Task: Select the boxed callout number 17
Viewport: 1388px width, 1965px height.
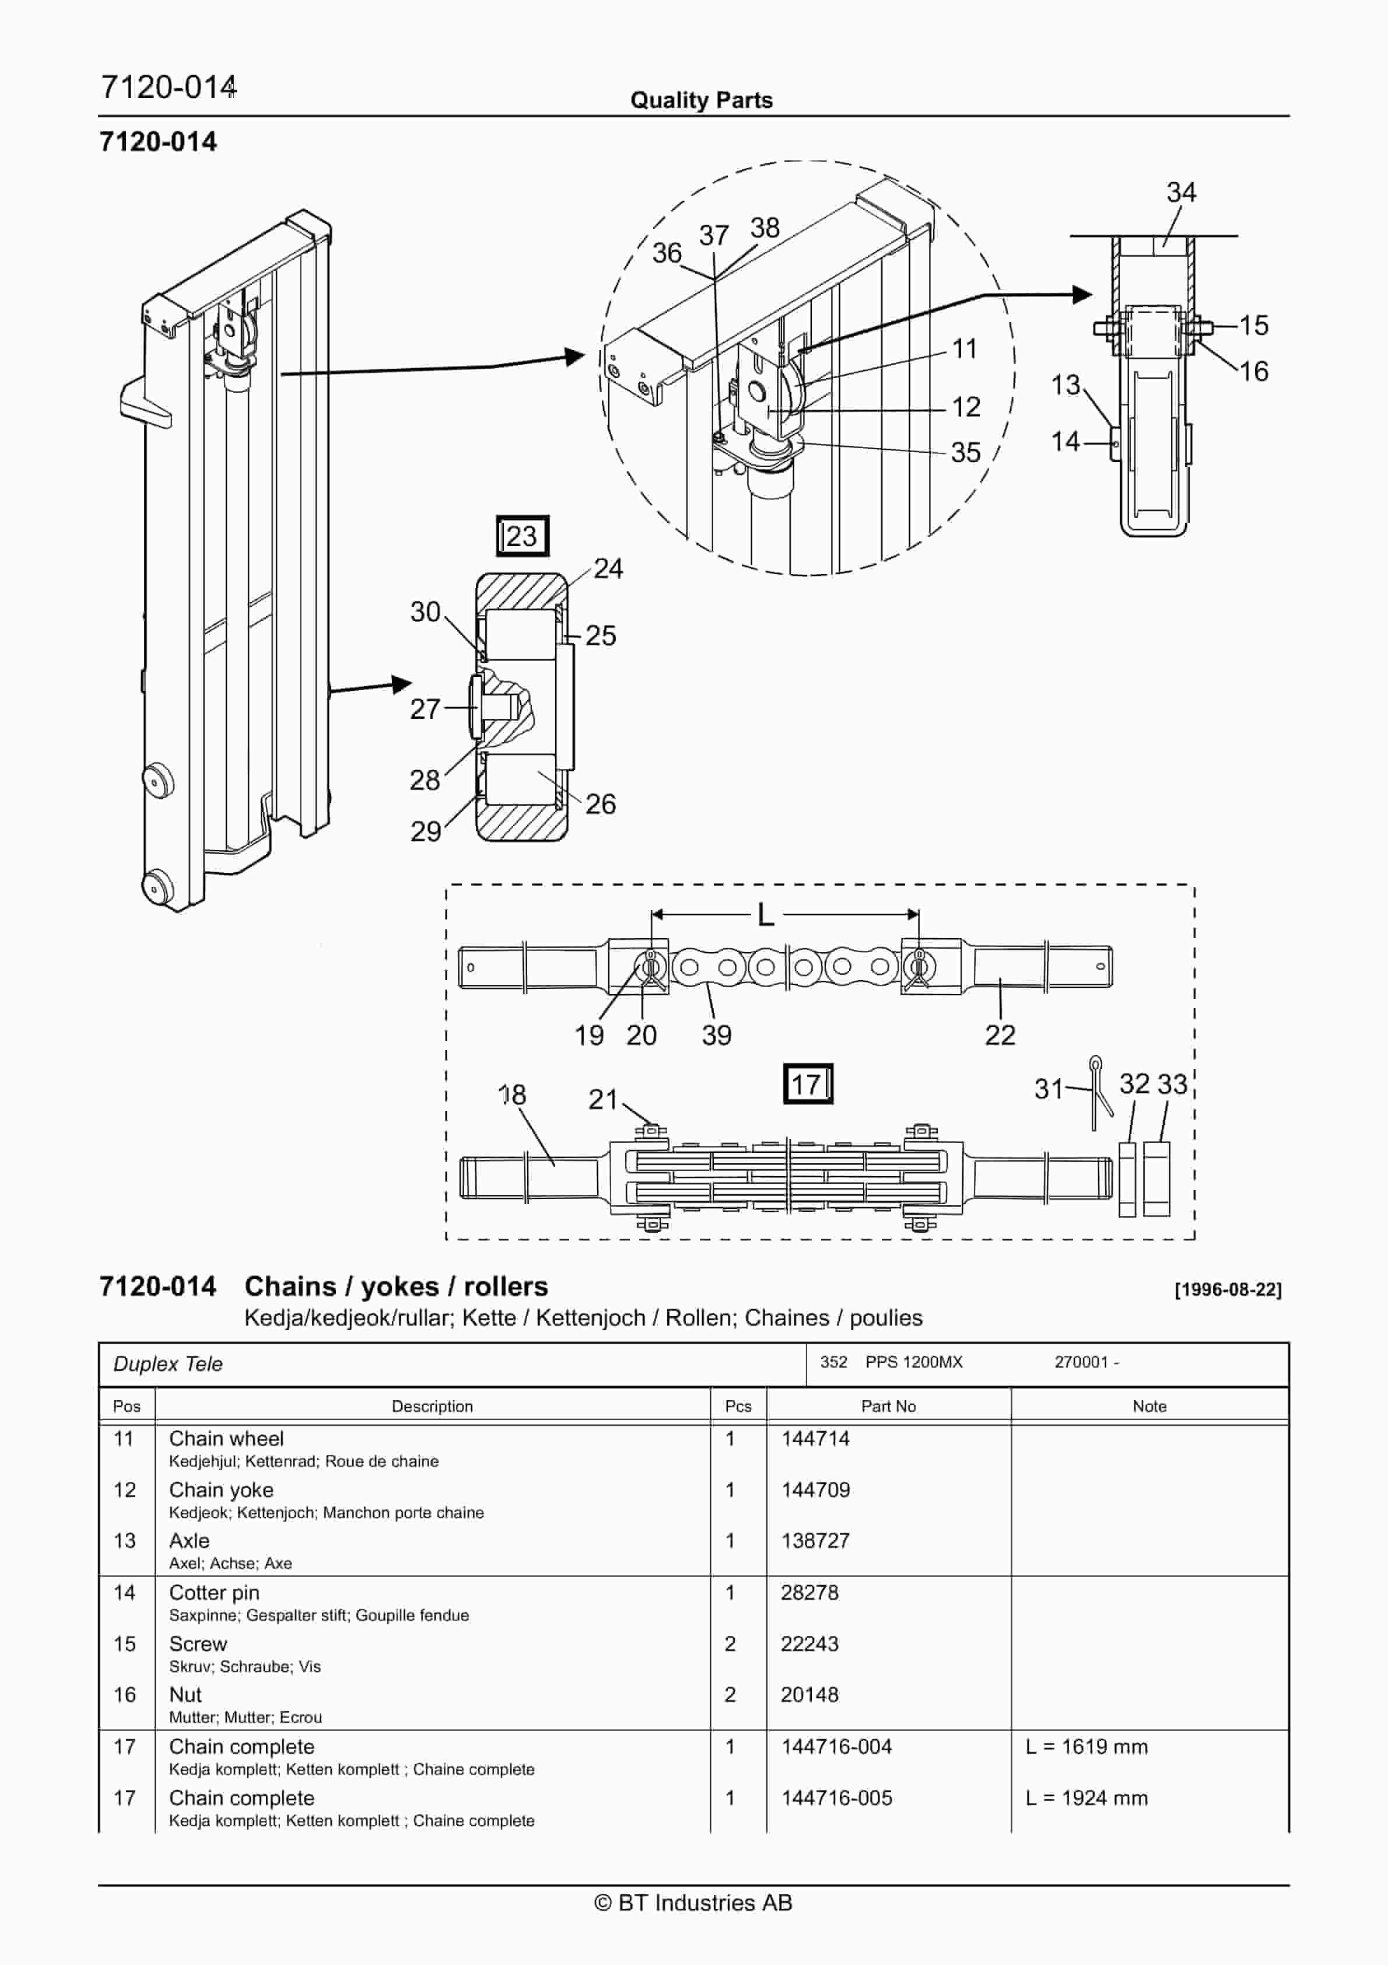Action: pos(807,1085)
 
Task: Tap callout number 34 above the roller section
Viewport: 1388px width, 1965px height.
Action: pos(1181,192)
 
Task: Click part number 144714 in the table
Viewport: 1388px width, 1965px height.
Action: pos(815,1439)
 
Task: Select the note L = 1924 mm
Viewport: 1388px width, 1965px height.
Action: pos(1086,1798)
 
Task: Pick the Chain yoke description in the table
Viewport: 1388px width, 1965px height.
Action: pos(221,1490)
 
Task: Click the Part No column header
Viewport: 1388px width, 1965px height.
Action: pos(888,1406)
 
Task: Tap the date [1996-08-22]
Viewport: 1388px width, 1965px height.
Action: pos(1227,1290)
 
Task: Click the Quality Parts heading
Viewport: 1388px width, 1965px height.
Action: pos(701,100)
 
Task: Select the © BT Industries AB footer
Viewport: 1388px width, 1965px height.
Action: pos(693,1903)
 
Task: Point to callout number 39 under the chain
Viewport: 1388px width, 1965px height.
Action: pos(716,1034)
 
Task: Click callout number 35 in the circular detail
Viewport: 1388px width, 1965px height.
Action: pos(965,452)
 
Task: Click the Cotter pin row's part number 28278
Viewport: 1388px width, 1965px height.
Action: pos(809,1593)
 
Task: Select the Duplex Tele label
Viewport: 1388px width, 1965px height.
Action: pos(168,1364)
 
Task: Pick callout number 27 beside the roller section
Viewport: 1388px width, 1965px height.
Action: pos(425,709)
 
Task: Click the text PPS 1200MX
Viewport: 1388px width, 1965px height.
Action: pos(913,1362)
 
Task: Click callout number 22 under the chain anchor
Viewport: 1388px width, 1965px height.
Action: pos(1000,1034)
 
